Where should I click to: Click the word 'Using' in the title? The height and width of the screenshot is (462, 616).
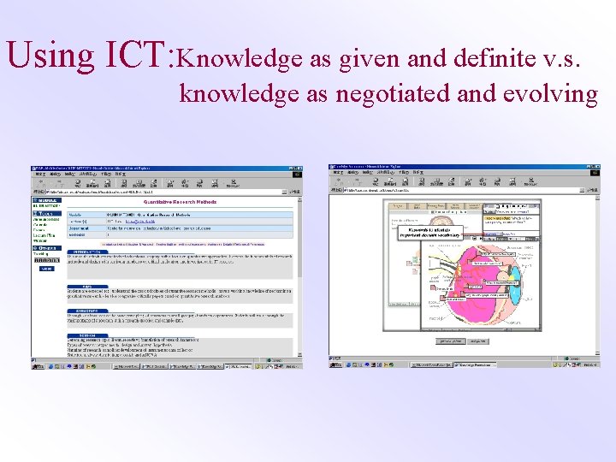point(50,55)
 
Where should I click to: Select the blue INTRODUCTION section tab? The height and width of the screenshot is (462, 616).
point(86,251)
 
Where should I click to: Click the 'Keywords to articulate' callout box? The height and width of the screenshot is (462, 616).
point(434,231)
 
